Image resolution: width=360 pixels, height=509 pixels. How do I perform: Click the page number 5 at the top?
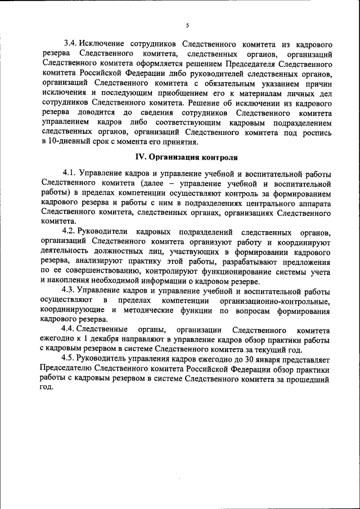pos(188,25)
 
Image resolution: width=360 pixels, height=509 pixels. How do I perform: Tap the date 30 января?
pos(247,358)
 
